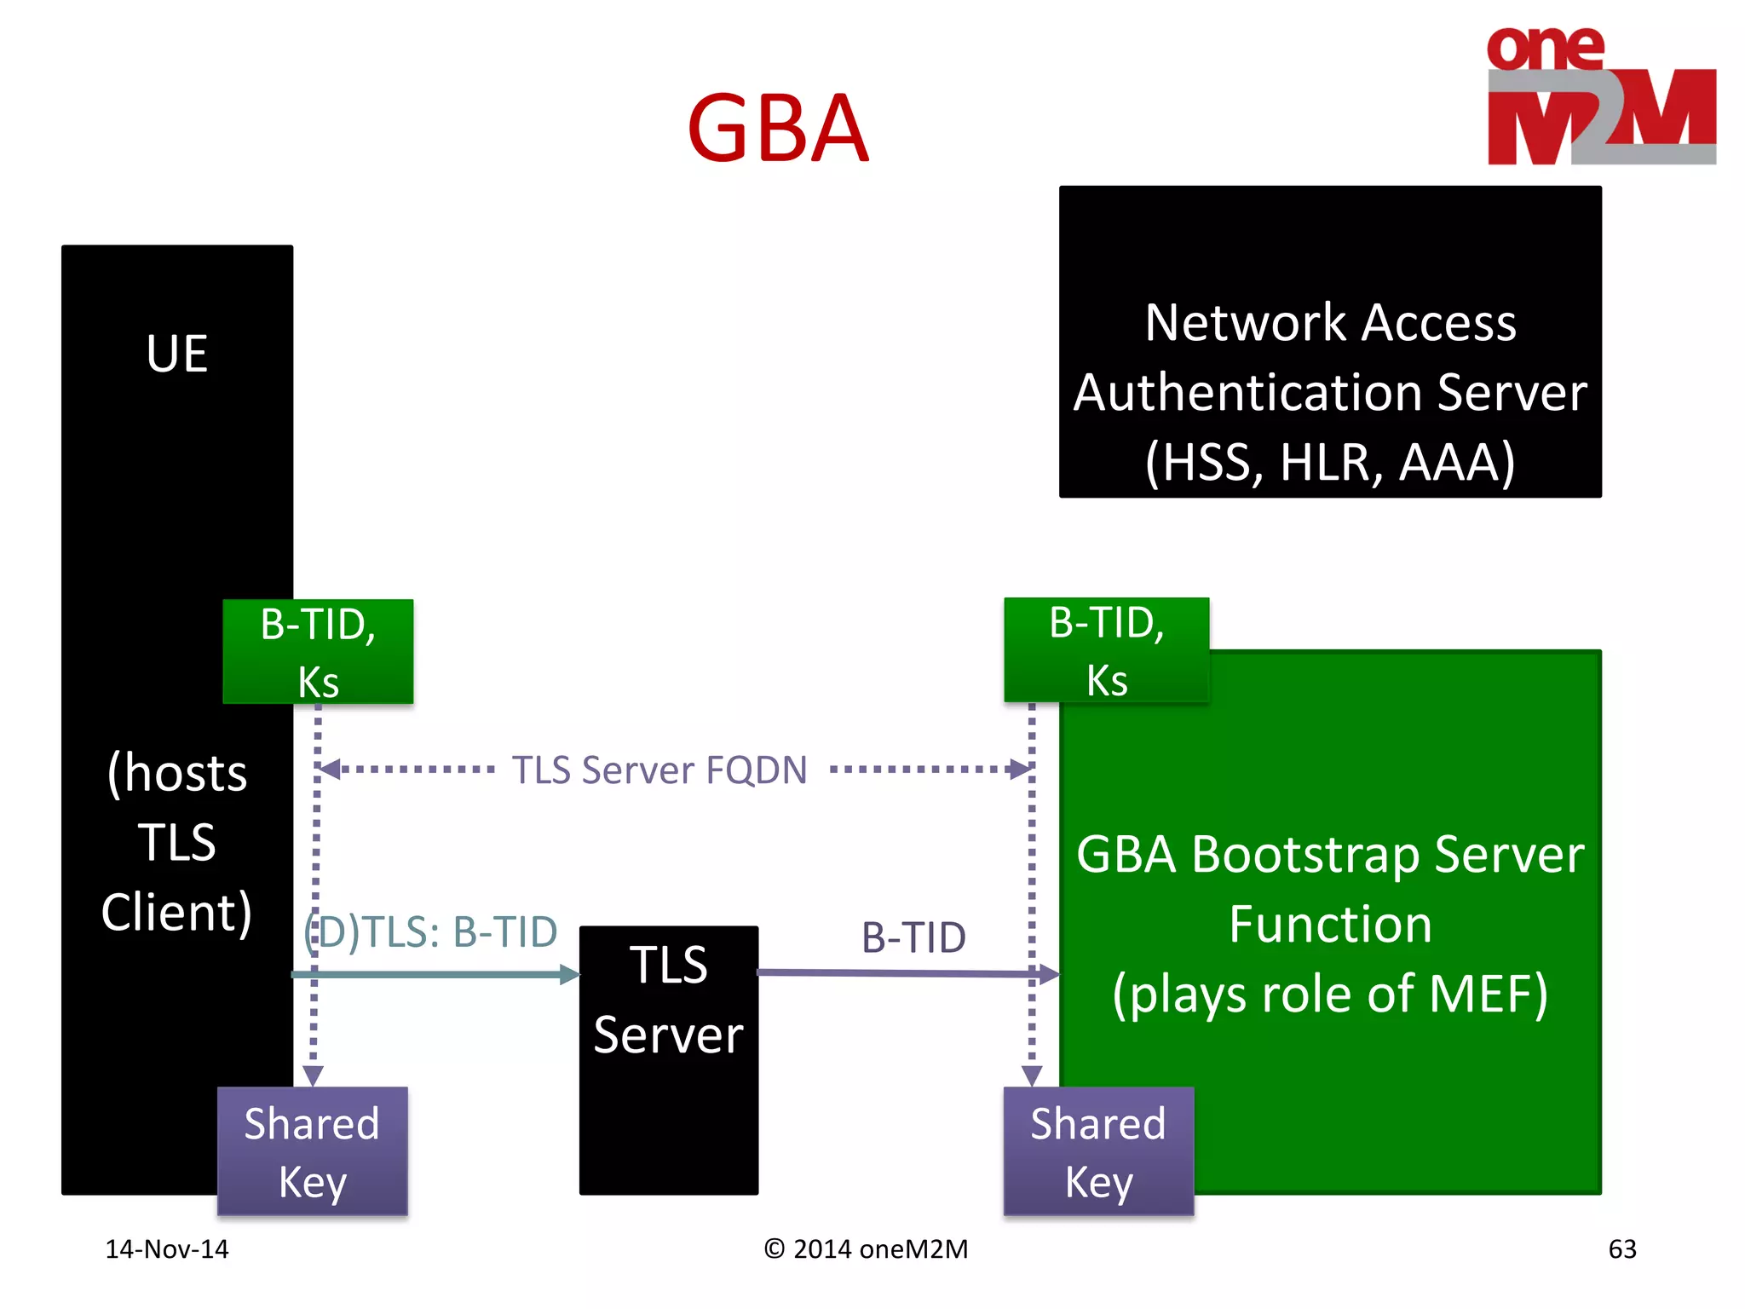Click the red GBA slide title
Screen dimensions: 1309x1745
(777, 129)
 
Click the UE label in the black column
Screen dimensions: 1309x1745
(177, 353)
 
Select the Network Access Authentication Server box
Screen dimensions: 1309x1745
(1329, 341)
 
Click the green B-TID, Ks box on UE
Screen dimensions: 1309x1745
(318, 652)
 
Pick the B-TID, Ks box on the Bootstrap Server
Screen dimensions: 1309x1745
(1106, 650)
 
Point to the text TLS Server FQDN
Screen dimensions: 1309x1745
(659, 770)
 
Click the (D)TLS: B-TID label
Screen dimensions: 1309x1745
(431, 931)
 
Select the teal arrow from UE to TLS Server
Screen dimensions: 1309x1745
(435, 974)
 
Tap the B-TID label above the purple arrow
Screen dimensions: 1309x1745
(913, 937)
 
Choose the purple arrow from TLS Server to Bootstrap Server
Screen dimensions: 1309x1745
(903, 972)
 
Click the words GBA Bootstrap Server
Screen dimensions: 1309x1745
(1329, 854)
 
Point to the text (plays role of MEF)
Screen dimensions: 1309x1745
(1329, 994)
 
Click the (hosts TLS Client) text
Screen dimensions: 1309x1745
(177, 842)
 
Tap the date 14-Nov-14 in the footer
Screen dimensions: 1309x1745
(167, 1248)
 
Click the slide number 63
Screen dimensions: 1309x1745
(1621, 1248)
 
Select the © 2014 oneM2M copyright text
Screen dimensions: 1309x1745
(866, 1248)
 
